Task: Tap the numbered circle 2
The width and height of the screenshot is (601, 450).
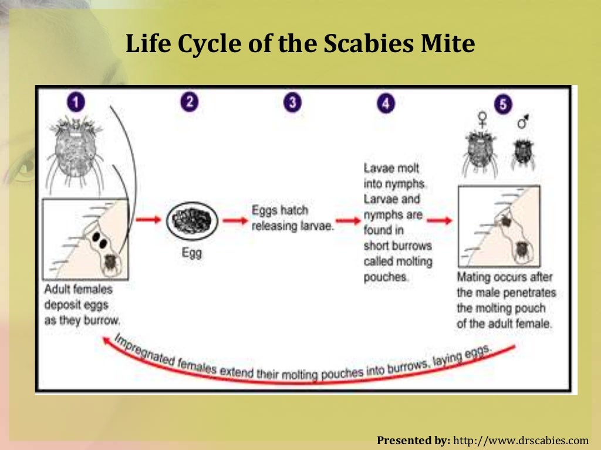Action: [188, 102]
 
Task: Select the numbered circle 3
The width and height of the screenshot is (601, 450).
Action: [292, 103]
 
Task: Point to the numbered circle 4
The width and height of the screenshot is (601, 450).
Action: [386, 104]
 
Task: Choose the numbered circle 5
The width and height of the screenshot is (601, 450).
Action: [502, 104]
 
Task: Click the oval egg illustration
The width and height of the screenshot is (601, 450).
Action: [191, 221]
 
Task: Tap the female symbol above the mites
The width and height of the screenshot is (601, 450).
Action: [482, 120]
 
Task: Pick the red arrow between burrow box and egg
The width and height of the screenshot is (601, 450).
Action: [149, 220]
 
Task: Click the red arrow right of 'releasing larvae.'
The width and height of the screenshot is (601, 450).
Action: [349, 221]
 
